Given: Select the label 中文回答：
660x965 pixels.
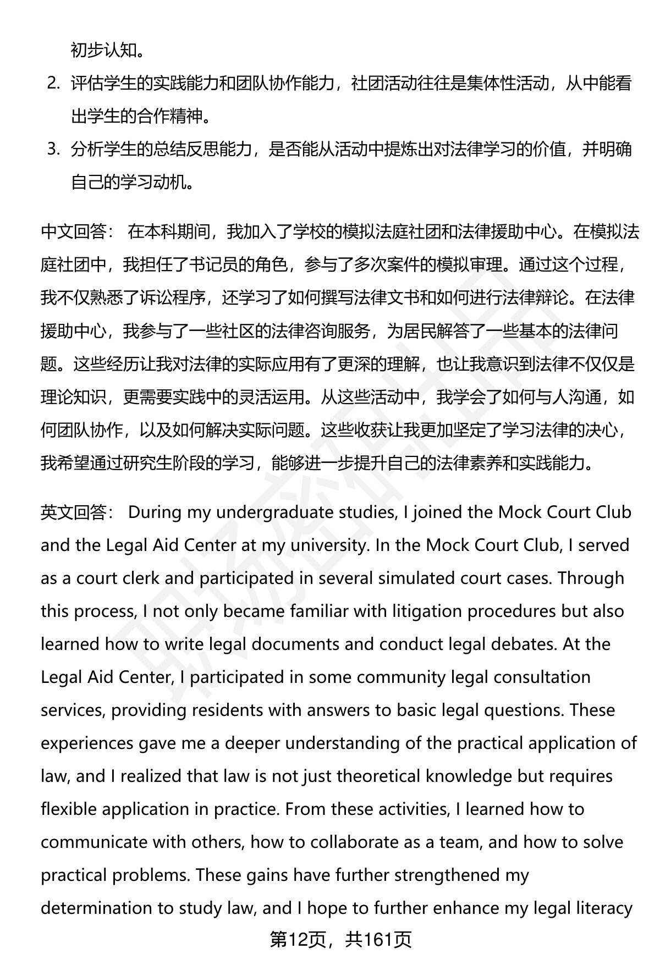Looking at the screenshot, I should pyautogui.click(x=78, y=233).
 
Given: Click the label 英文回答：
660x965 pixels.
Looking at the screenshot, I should pyautogui.click(x=78, y=512).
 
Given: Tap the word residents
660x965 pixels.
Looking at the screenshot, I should pyautogui.click(x=230, y=710).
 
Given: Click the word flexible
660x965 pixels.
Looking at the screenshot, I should pyautogui.click(x=69, y=809).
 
